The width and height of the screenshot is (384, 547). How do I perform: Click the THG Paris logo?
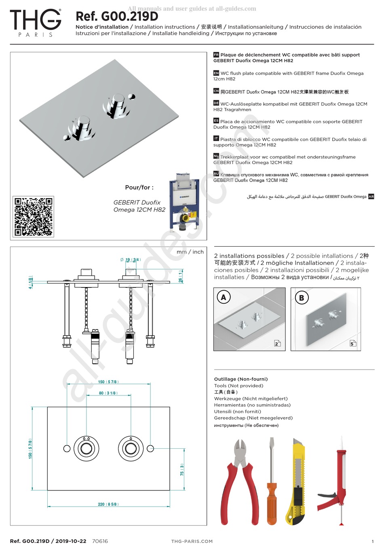point(36,23)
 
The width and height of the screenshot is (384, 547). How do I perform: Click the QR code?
point(34,217)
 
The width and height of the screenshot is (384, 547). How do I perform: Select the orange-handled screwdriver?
point(271,485)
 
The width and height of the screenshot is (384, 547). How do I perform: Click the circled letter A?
point(224,298)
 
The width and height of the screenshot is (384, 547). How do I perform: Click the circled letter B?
point(301,298)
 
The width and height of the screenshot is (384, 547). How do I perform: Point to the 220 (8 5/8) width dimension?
point(108,504)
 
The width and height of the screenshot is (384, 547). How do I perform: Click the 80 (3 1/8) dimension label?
point(108,393)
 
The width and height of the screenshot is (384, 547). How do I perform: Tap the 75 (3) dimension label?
point(182,470)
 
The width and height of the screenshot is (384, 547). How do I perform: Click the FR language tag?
point(216,55)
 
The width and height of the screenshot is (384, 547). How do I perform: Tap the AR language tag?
point(371,196)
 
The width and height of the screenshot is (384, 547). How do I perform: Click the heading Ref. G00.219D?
point(117,17)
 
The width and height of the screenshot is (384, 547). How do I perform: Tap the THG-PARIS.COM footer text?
point(192,541)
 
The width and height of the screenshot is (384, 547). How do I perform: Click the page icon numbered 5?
point(353,343)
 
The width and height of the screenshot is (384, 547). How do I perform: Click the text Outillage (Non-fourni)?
point(241,379)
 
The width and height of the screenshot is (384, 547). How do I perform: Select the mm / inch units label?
point(190,252)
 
